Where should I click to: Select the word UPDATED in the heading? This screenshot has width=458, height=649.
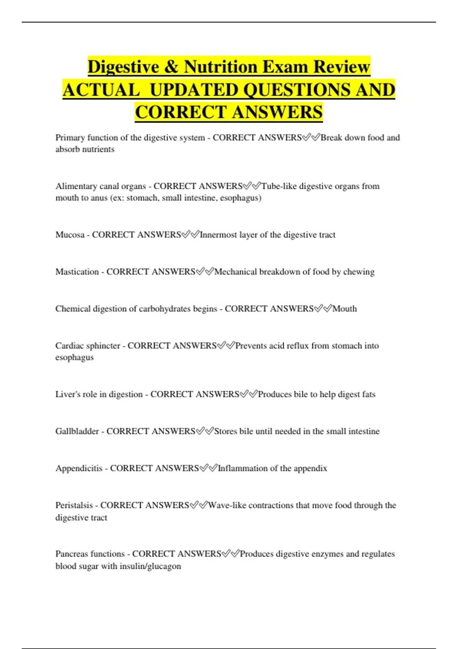coord(193,90)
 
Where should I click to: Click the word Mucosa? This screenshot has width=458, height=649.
coord(70,235)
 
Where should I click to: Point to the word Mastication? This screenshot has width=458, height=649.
coord(77,272)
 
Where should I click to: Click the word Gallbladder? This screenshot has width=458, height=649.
coord(77,431)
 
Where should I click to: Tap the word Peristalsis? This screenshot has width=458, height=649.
coord(74,505)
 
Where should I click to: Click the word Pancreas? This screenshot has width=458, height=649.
coord(71,554)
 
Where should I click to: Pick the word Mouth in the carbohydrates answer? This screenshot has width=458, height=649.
coord(345,309)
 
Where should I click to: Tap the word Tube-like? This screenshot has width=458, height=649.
coord(279,186)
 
